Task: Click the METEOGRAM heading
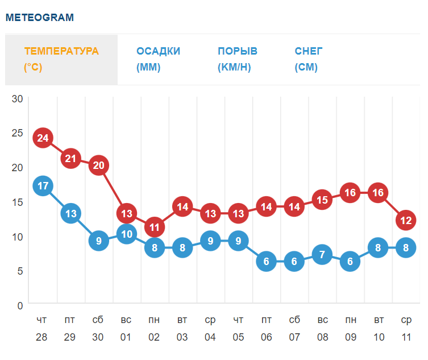coord(40,17)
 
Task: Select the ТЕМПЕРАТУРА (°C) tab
coord(61,59)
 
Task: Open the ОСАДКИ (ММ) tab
coord(158,59)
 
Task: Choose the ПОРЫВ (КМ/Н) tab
coord(237,59)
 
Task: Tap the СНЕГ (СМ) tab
coord(309,59)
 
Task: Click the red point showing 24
coord(43,138)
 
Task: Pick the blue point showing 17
coord(43,186)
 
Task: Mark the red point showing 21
coord(70,158)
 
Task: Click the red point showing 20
coord(99,165)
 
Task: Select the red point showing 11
coord(155,227)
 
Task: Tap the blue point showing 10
coord(126,234)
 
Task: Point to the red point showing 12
coord(406,220)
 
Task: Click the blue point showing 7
coord(322,254)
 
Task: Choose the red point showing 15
coord(322,200)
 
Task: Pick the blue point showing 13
coord(70,213)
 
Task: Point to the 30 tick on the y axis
coord(17,98)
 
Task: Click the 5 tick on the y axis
coord(20,271)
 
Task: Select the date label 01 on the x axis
coord(126,337)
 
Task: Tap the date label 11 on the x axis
coord(406,337)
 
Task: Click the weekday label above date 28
coord(41,320)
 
